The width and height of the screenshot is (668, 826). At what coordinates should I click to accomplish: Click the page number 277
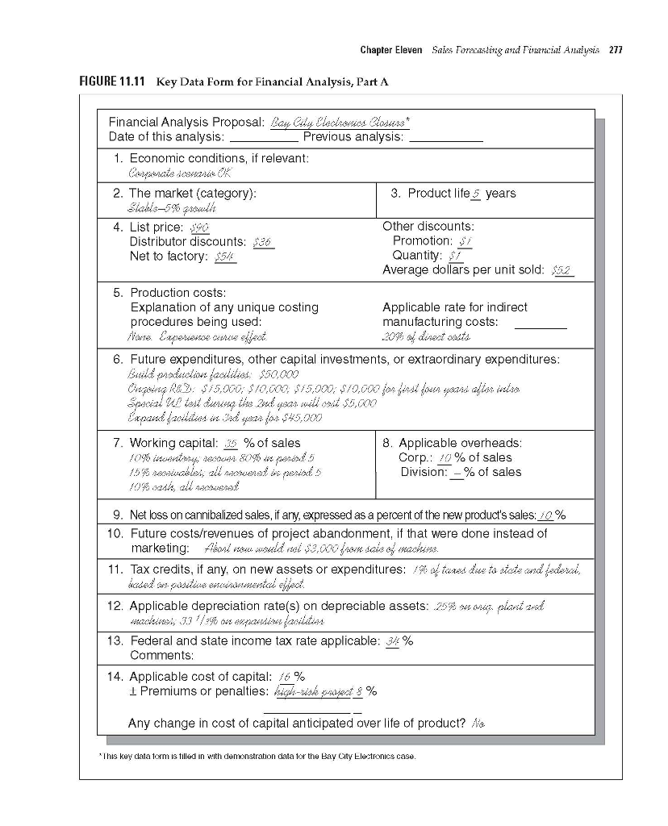pos(616,51)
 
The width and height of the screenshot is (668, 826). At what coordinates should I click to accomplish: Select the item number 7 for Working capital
pos(117,443)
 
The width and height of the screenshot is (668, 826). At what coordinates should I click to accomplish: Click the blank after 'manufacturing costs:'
pos(540,323)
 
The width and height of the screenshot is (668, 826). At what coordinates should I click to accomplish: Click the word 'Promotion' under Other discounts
pos(420,241)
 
